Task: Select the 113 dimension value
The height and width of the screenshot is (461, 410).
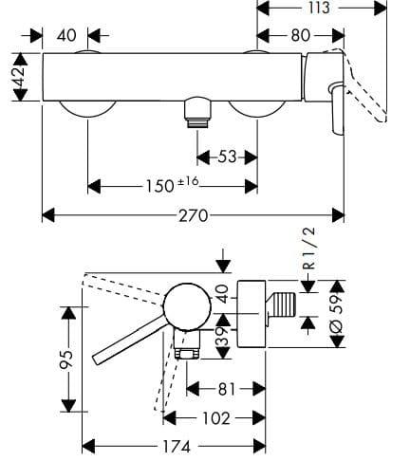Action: click(x=319, y=9)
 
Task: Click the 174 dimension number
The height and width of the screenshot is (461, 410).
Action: click(x=175, y=445)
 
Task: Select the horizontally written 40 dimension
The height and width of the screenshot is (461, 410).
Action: click(x=66, y=36)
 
